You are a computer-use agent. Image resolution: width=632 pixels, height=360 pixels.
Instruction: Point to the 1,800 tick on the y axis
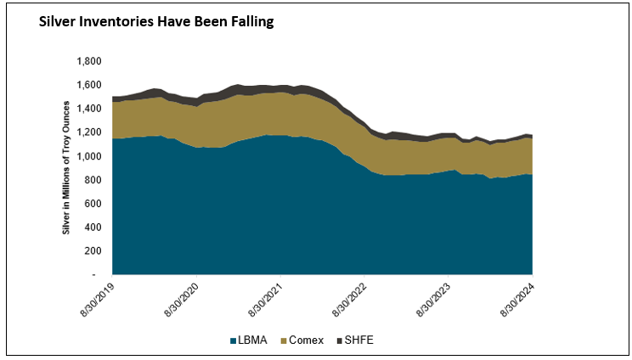click(88, 61)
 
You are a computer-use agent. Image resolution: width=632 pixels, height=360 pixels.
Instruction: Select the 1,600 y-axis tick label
click(88, 85)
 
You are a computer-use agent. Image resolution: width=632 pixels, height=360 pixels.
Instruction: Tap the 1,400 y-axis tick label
click(88, 109)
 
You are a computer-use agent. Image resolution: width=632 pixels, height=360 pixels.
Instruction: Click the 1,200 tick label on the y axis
click(88, 132)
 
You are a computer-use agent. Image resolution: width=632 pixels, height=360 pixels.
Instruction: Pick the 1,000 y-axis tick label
click(88, 156)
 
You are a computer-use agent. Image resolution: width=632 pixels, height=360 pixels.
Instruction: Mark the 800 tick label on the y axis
click(93, 180)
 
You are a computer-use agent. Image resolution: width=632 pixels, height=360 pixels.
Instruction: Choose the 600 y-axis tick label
click(93, 204)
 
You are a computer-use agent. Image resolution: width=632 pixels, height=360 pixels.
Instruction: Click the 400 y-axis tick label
click(93, 228)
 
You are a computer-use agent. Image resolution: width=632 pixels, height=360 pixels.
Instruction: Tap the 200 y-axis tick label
click(93, 251)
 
